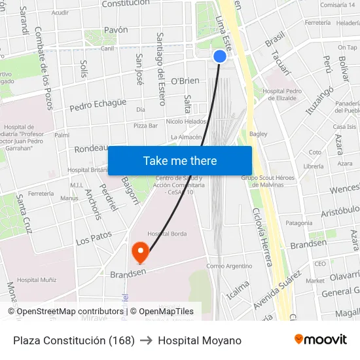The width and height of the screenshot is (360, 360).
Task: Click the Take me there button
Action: point(180,161)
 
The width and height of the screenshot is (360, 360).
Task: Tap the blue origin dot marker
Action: point(220,57)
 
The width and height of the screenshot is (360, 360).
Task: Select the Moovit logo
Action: point(321,340)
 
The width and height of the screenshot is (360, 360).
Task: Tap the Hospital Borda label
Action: point(167,234)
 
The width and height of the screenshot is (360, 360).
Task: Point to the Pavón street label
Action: point(116,30)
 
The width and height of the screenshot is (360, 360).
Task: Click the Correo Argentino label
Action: point(229,266)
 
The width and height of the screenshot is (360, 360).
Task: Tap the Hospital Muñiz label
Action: point(37,279)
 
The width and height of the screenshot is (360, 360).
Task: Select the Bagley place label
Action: point(258,134)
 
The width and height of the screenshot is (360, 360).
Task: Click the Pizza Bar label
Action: point(145,125)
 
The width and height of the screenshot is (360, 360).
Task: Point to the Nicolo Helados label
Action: point(186,121)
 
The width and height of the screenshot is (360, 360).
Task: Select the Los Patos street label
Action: point(94,238)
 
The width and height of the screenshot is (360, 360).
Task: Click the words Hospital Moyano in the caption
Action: point(200,340)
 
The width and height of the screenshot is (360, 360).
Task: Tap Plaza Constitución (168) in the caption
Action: point(74,340)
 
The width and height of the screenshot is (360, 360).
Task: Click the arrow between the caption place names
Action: point(146,340)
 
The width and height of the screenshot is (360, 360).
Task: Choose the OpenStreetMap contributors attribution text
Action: point(65,312)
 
